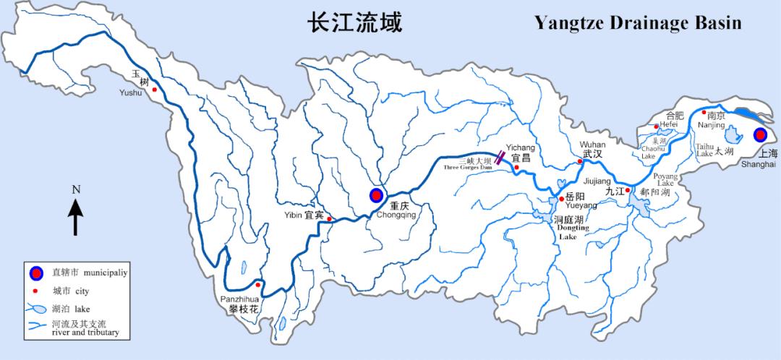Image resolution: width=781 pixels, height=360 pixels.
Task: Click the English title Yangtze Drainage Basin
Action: point(638,23)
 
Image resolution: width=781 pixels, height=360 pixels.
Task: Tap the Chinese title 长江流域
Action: point(354,22)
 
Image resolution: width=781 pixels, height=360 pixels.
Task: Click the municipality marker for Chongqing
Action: point(376,194)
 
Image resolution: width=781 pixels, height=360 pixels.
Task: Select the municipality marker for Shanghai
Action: point(759,134)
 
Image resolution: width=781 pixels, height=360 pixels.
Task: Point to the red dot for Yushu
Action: point(154,90)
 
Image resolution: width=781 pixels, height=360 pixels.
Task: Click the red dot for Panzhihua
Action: point(257,285)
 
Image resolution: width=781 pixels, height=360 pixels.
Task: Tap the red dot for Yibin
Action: point(329,219)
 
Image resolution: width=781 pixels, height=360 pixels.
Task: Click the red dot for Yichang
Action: point(516,168)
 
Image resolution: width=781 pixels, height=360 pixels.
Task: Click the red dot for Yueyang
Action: point(561,197)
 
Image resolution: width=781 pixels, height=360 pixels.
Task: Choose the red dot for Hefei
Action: point(657,127)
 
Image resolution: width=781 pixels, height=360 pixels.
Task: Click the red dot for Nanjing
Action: point(704,112)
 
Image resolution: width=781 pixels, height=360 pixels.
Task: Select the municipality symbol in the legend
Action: point(35,273)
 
